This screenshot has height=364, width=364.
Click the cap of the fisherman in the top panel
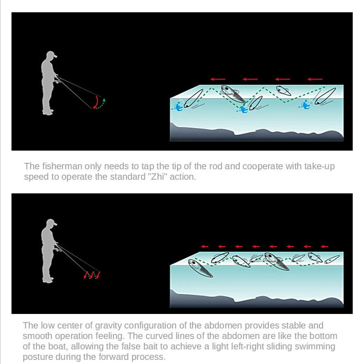click(x=51, y=55)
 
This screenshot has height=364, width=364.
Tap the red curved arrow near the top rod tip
click(x=96, y=102)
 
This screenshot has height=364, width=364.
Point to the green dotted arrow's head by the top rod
click(x=104, y=100)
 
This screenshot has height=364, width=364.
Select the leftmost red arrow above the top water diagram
click(x=218, y=79)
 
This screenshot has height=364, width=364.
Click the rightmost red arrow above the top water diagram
click(x=315, y=79)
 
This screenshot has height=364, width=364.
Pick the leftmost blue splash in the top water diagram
click(x=177, y=106)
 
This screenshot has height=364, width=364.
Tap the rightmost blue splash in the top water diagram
click(x=304, y=105)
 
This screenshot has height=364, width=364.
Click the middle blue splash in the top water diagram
click(x=243, y=108)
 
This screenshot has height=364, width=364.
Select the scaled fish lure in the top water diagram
click(x=233, y=94)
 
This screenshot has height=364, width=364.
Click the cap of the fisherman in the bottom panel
click(x=51, y=222)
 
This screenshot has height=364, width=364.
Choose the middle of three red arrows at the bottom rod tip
click(x=92, y=275)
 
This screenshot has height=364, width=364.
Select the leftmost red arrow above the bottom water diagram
click(x=204, y=247)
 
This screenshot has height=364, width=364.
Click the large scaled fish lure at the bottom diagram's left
click(x=200, y=268)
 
